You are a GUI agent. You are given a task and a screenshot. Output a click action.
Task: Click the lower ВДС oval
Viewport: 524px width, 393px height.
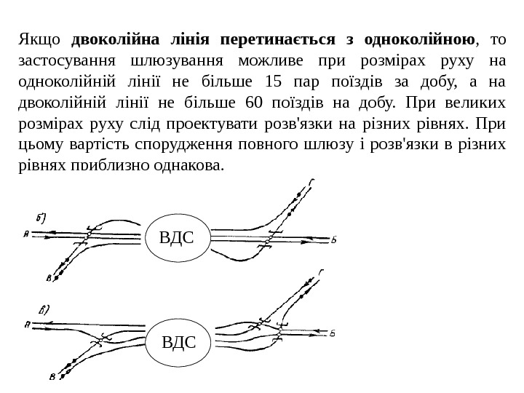(x=178, y=340)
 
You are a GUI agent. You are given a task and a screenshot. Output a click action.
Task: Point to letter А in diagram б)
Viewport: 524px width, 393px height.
(x=26, y=234)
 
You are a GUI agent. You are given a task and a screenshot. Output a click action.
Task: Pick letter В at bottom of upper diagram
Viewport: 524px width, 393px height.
(x=48, y=277)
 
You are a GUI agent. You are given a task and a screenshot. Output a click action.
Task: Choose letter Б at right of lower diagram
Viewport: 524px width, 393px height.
(x=332, y=334)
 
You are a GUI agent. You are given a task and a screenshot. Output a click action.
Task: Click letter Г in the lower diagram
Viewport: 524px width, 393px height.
(x=319, y=271)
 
